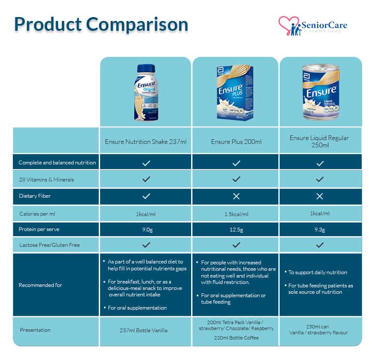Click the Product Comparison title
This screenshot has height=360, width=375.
point(101,24)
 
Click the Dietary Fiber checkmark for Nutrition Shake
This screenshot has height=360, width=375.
point(146,196)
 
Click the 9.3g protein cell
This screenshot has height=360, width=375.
point(320,230)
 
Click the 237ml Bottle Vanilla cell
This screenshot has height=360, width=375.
point(145,330)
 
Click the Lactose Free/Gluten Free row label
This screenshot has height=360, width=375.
point(49,245)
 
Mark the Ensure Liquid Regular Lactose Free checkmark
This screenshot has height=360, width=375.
point(320,245)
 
